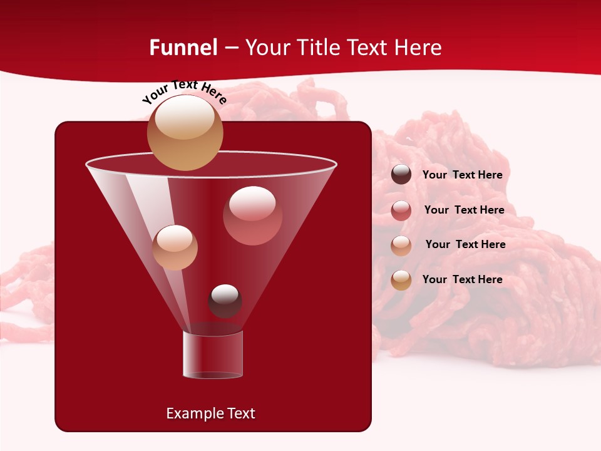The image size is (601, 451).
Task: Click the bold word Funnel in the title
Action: (x=183, y=48)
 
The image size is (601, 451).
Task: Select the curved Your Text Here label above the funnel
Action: (x=185, y=92)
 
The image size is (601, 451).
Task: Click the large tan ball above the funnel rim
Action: (x=185, y=135)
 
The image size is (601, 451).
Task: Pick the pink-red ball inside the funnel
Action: (x=252, y=215)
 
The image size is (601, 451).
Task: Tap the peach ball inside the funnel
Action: (x=175, y=247)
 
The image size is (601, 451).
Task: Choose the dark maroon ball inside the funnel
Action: (x=225, y=301)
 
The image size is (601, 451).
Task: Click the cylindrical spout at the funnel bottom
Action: (x=212, y=355)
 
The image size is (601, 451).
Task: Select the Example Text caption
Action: (x=210, y=413)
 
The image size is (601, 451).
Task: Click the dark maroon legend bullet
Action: (x=401, y=175)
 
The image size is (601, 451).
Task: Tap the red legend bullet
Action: (x=401, y=210)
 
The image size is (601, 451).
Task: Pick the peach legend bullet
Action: (x=401, y=245)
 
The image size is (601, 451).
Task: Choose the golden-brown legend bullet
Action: (x=401, y=280)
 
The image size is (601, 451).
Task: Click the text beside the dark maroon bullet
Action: (x=462, y=175)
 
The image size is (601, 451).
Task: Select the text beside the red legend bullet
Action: (x=464, y=210)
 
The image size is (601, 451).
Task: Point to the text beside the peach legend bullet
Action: (x=465, y=244)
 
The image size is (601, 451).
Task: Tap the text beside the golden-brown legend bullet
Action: (x=462, y=279)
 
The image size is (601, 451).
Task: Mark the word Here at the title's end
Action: (x=419, y=48)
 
